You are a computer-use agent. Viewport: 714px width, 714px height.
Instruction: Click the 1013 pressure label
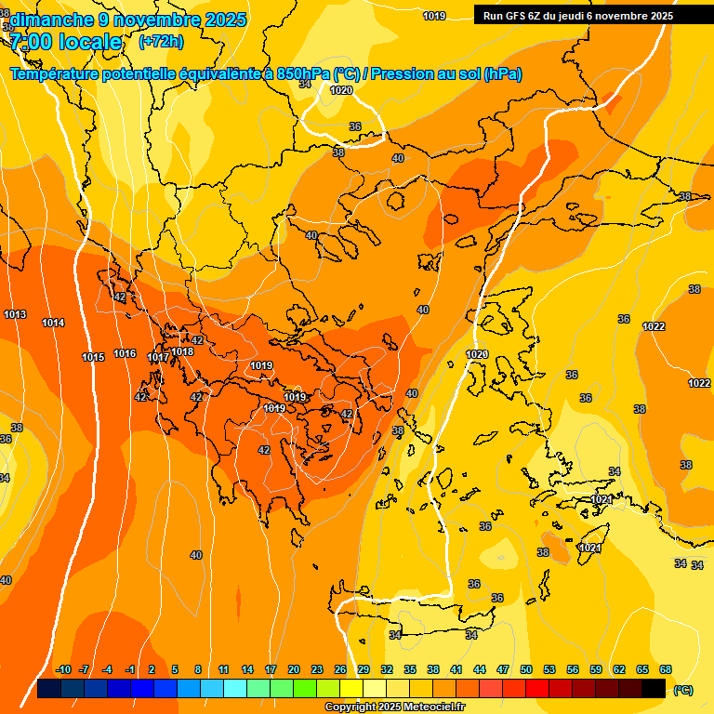(15, 315)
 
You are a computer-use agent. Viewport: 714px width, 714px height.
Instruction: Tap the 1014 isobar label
(53, 324)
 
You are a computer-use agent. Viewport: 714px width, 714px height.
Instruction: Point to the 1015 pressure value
(93, 358)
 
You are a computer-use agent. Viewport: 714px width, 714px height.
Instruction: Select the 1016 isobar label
(125, 354)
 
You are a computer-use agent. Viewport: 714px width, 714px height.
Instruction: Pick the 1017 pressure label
(157, 358)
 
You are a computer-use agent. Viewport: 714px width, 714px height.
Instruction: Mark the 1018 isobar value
(182, 351)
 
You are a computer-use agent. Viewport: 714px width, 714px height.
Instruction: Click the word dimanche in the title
(51, 20)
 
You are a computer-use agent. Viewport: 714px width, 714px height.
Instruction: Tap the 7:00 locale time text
(66, 42)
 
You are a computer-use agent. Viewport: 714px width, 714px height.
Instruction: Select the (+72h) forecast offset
(161, 42)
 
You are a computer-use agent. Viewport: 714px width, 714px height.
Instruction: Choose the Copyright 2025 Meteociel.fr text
(395, 707)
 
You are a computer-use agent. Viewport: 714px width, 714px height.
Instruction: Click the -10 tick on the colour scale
(63, 669)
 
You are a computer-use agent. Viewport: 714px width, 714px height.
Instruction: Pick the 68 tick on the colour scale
(666, 669)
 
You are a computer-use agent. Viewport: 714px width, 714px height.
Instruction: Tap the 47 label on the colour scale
(503, 669)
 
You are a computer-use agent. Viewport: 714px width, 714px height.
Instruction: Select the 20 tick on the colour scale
(294, 669)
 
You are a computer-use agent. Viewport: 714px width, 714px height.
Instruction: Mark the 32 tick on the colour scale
(387, 669)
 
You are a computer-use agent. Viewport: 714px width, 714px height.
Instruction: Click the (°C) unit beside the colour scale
(683, 690)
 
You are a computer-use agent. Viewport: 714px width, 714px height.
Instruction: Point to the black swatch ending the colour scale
(654, 689)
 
